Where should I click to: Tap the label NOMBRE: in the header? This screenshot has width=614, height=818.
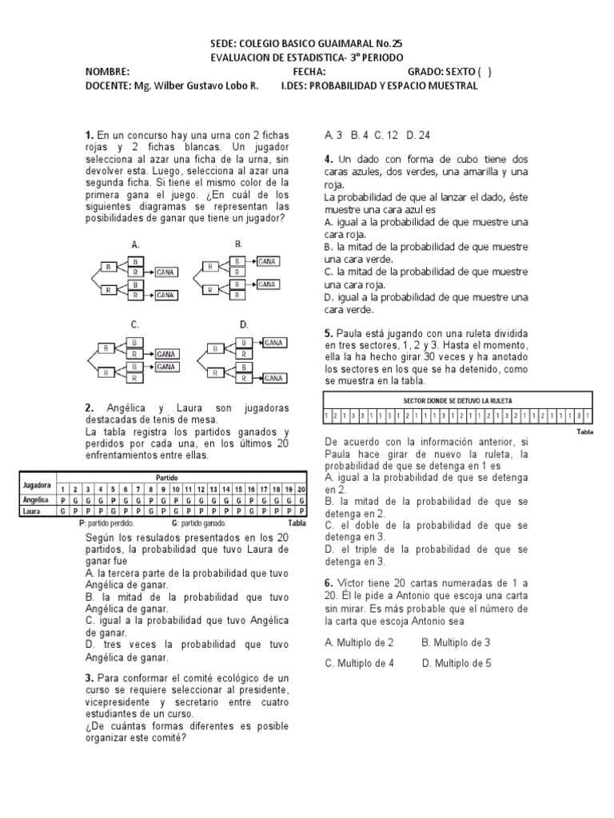pos(107,72)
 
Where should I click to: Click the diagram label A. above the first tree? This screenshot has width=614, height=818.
pos(135,244)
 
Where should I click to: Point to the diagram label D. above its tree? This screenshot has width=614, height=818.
pos(244,324)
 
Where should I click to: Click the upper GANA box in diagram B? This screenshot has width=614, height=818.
pos(268,260)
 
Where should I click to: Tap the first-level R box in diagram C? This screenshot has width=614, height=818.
pos(106,372)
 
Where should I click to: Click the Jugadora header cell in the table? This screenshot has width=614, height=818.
pos(38,486)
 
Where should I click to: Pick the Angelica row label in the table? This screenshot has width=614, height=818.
pos(37,499)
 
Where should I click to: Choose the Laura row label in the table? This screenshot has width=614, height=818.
pos(32,510)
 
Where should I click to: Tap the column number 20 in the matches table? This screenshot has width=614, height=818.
pos(301,488)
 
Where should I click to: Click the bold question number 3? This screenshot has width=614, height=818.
pos(90,677)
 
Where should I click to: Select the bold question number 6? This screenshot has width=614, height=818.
pos(328,582)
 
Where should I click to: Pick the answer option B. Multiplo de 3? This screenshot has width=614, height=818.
pos(456,641)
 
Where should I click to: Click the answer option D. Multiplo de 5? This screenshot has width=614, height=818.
pos(457,662)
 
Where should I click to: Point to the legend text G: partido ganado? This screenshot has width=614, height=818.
pos(201,522)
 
